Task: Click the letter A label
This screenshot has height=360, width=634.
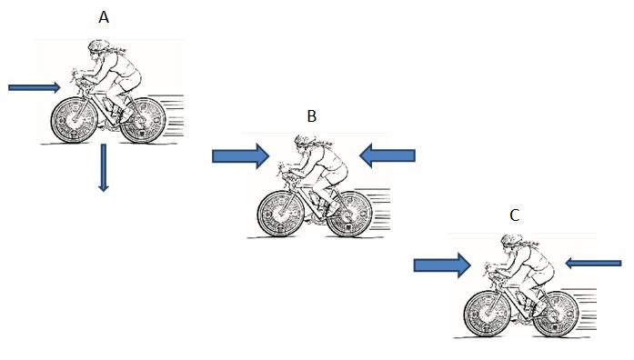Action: tap(105, 16)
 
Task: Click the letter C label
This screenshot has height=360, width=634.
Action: tap(515, 215)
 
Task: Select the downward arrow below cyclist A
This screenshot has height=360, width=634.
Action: tap(103, 167)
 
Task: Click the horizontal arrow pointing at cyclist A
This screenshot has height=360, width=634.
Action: tap(35, 87)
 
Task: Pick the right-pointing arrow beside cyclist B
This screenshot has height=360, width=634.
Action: tap(240, 156)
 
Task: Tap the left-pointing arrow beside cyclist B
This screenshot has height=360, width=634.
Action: tap(387, 156)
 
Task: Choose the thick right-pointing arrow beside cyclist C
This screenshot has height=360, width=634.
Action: tap(441, 265)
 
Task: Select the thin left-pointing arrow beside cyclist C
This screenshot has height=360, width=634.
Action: tap(593, 264)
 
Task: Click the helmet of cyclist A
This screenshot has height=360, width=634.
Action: tap(96, 46)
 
